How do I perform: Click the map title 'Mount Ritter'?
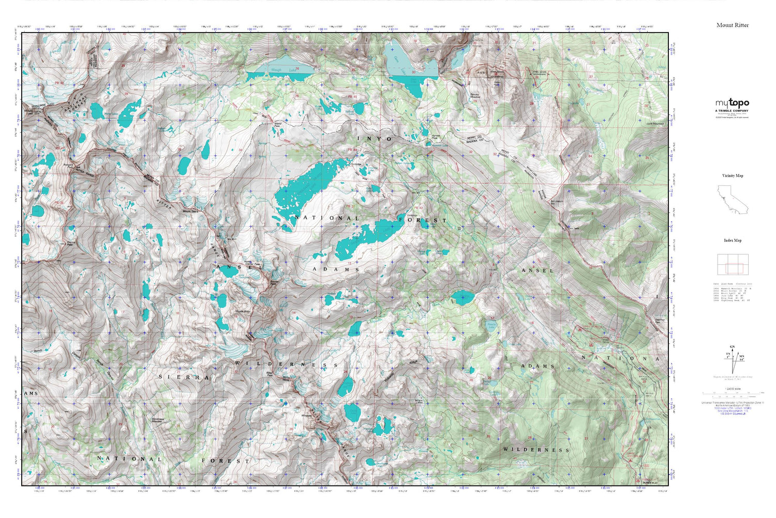tap(732, 25)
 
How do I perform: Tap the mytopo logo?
tap(732, 103)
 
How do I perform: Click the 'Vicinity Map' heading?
tap(732, 176)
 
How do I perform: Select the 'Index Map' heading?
tap(732, 240)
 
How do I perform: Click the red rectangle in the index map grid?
tap(734, 268)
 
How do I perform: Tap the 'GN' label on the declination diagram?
tap(732, 347)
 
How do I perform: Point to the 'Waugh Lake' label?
tap(276, 70)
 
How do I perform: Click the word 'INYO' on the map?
tap(375, 139)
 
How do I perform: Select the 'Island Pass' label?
tap(280, 125)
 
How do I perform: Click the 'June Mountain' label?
tap(654, 124)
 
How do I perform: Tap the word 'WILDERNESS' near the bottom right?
tap(536, 450)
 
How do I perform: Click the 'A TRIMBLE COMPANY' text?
tap(732, 111)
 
